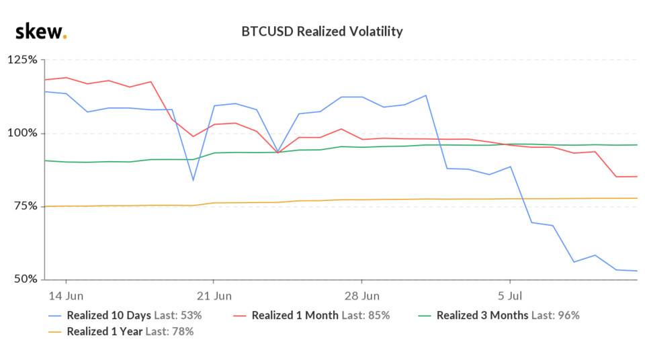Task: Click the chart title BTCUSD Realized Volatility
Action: [x=322, y=32]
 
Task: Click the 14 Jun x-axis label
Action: [x=66, y=295]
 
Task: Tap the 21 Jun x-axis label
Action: [x=214, y=295]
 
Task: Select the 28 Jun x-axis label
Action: [x=361, y=295]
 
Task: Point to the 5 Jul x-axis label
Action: [x=510, y=295]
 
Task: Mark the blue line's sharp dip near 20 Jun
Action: [x=193, y=180]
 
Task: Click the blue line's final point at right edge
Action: [x=636, y=271]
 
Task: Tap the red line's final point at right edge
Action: [x=636, y=177]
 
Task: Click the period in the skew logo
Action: [x=64, y=37]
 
